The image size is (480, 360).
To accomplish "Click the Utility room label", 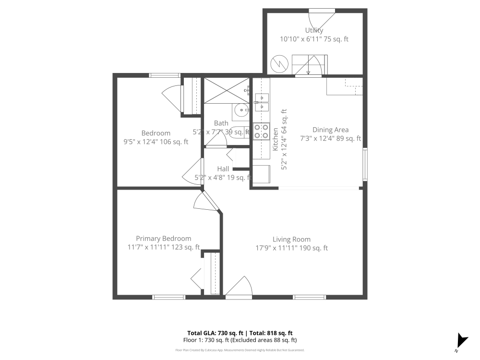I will click(314, 30).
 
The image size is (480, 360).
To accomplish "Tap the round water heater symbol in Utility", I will click(278, 63).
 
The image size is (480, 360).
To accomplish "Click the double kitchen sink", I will click(262, 102).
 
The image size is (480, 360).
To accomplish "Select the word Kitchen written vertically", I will click(276, 140).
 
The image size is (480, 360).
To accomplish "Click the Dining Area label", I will click(330, 130).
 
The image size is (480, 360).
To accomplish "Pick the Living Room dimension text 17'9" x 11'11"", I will click(291, 248).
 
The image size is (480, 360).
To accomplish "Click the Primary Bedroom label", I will click(163, 239).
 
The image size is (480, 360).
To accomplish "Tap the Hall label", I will click(223, 169).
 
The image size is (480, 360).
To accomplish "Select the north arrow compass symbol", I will click(462, 340).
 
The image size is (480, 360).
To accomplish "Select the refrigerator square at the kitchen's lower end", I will click(261, 174).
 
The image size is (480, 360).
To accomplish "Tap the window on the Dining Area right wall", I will click(365, 165).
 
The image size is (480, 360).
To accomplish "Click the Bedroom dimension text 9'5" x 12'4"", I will click(156, 142).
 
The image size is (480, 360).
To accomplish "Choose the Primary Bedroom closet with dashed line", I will click(212, 274).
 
